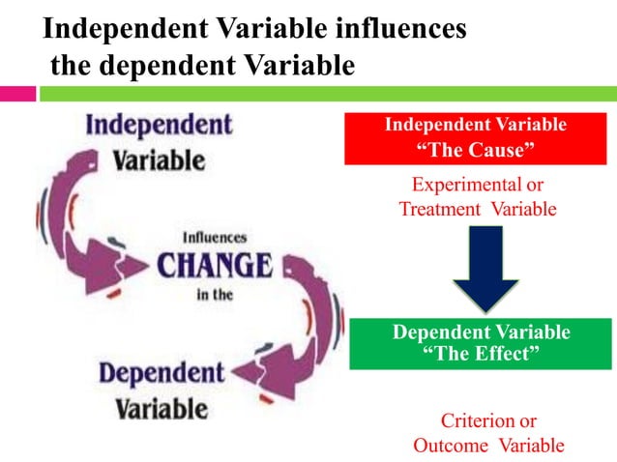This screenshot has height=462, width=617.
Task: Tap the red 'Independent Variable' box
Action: click(x=475, y=138)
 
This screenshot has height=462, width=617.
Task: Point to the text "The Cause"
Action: click(x=475, y=150)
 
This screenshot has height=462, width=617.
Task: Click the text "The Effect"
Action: click(x=481, y=354)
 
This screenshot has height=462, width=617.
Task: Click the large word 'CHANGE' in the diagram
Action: click(x=215, y=264)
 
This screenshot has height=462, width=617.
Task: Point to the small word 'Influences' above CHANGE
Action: click(x=215, y=237)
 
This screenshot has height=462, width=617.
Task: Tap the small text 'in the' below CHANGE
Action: click(x=214, y=295)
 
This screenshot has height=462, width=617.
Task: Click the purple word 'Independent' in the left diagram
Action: click(x=159, y=126)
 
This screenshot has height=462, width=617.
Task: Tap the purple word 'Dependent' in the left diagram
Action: click(x=162, y=373)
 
